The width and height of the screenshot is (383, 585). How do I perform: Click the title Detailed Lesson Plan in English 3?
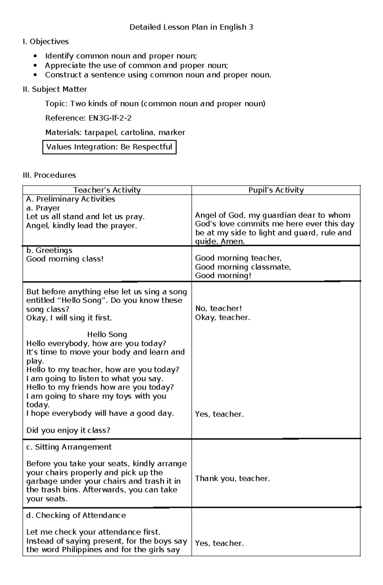pyautogui.click(x=191, y=27)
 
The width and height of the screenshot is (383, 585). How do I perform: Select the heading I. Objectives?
pyautogui.click(x=46, y=42)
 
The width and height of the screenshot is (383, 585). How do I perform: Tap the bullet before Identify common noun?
pyautogui.click(x=35, y=56)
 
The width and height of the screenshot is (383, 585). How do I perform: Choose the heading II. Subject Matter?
pyautogui.click(x=55, y=89)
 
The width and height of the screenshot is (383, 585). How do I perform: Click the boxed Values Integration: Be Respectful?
pyautogui.click(x=109, y=147)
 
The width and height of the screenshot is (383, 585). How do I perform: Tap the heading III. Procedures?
pyautogui.click(x=49, y=175)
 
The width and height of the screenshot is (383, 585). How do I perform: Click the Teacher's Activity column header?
pyautogui.click(x=107, y=190)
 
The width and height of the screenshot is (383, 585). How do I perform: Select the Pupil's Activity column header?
pyautogui.click(x=276, y=190)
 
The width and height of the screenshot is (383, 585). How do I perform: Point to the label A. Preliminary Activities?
pyautogui.click(x=71, y=199)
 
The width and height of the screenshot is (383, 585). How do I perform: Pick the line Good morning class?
pyautogui.click(x=65, y=259)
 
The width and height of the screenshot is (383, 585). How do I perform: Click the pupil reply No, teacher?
pyautogui.click(x=218, y=308)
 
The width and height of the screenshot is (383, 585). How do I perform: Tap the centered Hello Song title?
pyautogui.click(x=107, y=334)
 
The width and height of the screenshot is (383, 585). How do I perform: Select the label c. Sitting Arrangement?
pyautogui.click(x=69, y=447)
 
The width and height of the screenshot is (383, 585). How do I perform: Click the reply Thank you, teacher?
pyautogui.click(x=232, y=478)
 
